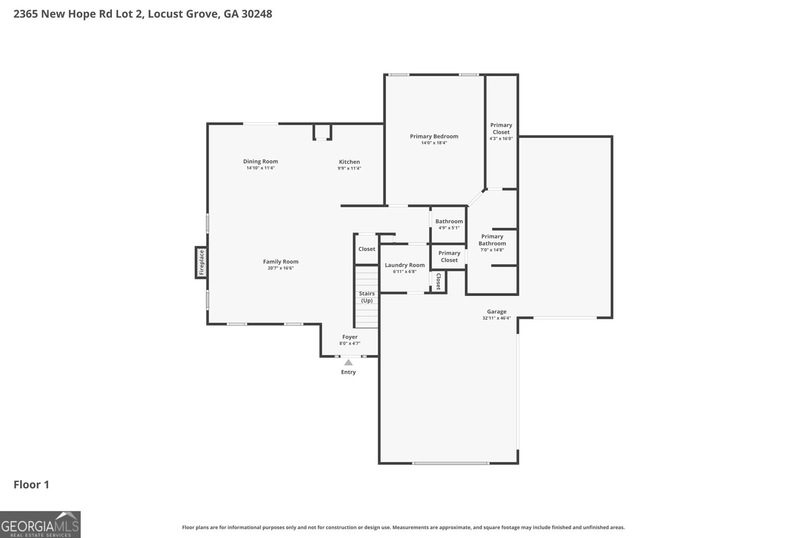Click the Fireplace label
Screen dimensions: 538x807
click(x=201, y=262)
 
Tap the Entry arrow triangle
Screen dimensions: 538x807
click(x=348, y=362)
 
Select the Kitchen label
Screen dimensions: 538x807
click(x=349, y=162)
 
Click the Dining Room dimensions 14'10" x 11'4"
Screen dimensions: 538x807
click(x=260, y=168)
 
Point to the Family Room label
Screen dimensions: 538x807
click(x=280, y=261)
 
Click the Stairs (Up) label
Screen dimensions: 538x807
click(x=367, y=297)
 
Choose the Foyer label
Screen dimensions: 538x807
click(x=350, y=337)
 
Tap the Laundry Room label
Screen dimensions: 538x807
click(x=405, y=265)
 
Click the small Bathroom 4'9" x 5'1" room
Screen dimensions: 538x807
click(x=448, y=224)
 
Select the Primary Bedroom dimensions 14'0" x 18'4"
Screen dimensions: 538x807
click(x=434, y=143)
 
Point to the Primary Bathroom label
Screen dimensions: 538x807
click(x=492, y=240)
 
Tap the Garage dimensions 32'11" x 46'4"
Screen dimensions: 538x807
click(x=496, y=318)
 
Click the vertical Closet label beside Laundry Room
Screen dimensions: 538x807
click(x=438, y=281)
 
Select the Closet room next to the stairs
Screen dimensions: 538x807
click(x=367, y=249)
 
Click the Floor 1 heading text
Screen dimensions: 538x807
click(x=31, y=485)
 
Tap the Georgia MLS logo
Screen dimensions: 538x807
click(x=40, y=524)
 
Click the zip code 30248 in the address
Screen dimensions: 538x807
click(x=257, y=14)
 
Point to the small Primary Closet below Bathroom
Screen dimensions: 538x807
click(x=449, y=256)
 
